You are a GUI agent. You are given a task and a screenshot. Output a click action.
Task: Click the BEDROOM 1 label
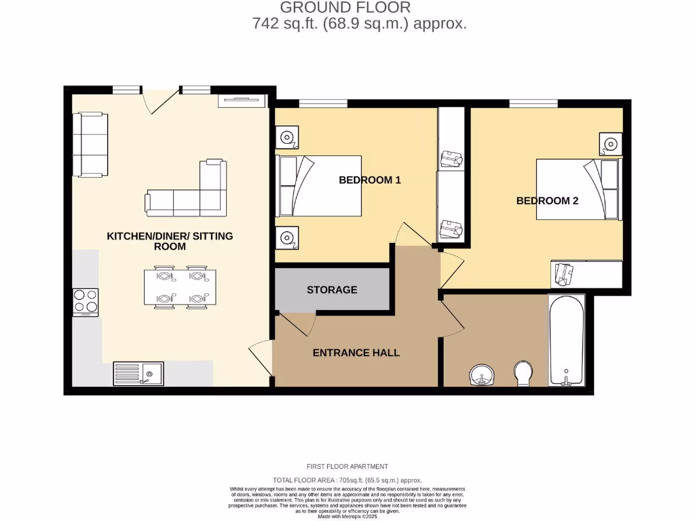point(370,180)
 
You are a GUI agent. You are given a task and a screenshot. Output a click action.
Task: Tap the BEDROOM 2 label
point(547,201)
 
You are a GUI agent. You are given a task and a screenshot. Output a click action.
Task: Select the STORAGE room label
point(331,290)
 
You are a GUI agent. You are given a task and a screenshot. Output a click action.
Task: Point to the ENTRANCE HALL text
point(356,353)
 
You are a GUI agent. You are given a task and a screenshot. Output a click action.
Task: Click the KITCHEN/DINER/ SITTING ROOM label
point(170,241)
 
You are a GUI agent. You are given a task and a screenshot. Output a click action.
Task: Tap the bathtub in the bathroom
point(566,341)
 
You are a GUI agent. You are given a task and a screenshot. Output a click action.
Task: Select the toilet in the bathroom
point(523,373)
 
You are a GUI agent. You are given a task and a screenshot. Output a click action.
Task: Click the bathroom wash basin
point(483,374)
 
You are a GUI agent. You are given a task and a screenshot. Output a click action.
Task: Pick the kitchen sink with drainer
point(138,374)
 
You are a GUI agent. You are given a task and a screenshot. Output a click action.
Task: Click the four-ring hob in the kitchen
point(86,303)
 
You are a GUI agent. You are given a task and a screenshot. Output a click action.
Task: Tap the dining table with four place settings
point(180,288)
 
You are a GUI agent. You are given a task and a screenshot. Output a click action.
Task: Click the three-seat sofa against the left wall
point(90,144)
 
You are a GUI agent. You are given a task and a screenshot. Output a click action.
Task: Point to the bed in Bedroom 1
point(318,186)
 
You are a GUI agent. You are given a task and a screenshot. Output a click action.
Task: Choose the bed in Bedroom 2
point(579,189)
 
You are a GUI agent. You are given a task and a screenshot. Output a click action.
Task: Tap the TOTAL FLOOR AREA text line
point(347,480)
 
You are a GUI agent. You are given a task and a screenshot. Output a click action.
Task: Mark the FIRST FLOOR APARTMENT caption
point(347,467)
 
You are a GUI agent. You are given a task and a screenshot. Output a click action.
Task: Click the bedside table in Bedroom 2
point(611,144)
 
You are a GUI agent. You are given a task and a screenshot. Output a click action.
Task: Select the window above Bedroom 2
point(533,103)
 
